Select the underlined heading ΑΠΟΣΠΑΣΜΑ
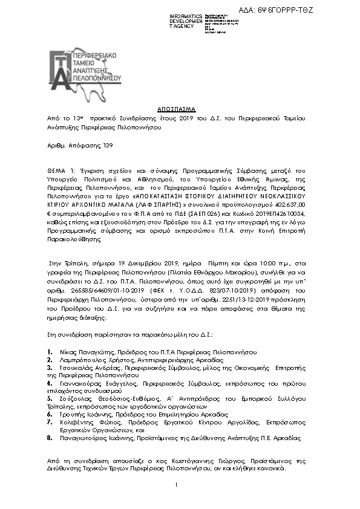pyautogui.click(x=180, y=108)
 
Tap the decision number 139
pyautogui.click(x=106, y=146)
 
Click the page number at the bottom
pyautogui.click(x=176, y=485)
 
